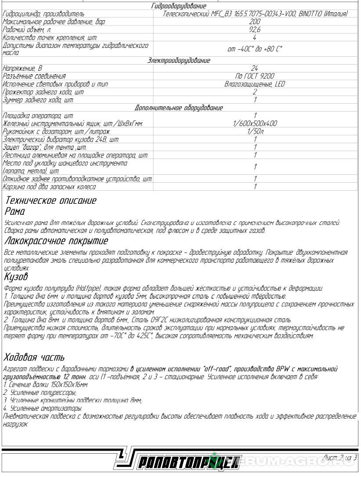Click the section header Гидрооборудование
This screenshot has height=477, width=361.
(178, 6)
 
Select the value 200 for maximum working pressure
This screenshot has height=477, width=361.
(254, 21)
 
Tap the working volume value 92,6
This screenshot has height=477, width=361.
(254, 29)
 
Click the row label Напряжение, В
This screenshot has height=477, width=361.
(22, 68)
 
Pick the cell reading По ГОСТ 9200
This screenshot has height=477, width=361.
(255, 76)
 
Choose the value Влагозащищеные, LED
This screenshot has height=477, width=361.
(255, 84)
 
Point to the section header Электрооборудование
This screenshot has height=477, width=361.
(179, 61)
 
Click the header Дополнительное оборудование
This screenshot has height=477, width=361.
(179, 108)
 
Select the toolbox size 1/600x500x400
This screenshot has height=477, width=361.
(255, 123)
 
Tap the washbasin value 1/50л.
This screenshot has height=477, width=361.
(255, 131)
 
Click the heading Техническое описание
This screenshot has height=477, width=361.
(50, 201)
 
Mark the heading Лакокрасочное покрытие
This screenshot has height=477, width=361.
(56, 241)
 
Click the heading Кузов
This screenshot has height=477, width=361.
(16, 277)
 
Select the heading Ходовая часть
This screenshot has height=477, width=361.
(34, 357)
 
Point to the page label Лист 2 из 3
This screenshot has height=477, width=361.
(339, 458)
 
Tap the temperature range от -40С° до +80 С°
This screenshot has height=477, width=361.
(255, 49)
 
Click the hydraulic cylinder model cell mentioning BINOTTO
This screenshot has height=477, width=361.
(255, 14)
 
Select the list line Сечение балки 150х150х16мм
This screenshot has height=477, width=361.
(46, 384)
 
